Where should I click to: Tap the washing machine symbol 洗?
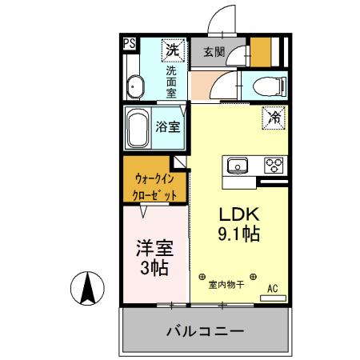pyautogui.click(x=172, y=50)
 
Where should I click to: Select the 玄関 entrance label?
pyautogui.click(x=213, y=53)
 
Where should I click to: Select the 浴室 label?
pyautogui.click(x=167, y=126)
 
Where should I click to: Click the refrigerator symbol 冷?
pyautogui.click(x=274, y=118)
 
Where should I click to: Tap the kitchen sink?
pyautogui.click(x=237, y=166)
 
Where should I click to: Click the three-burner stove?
pyautogui.click(x=274, y=166)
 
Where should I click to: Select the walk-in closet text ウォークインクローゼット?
pyautogui.click(x=155, y=186)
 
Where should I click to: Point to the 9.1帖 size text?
pyautogui.click(x=238, y=237)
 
